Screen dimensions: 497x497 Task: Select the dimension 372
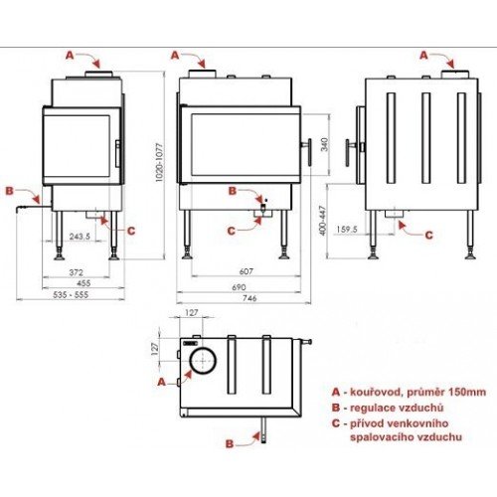tap(69, 271)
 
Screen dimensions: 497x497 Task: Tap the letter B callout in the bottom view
tap(229, 443)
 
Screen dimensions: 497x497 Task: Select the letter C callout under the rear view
tap(429, 236)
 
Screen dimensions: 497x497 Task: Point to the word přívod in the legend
tap(362, 422)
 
